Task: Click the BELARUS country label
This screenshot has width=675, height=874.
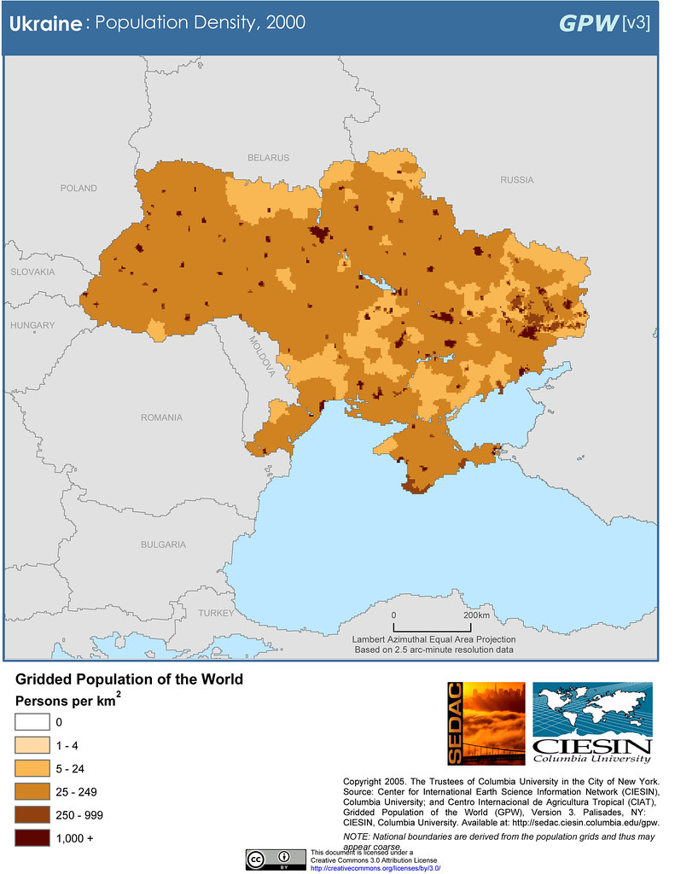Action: click(x=268, y=158)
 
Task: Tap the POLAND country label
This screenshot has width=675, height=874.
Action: click(x=79, y=188)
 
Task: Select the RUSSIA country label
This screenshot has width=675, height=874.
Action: click(x=516, y=180)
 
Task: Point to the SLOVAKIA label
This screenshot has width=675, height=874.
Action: click(x=32, y=271)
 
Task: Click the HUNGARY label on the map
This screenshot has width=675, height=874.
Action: click(x=32, y=325)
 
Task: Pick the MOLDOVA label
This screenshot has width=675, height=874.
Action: click(x=262, y=355)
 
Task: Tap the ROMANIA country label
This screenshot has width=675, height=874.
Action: click(x=162, y=417)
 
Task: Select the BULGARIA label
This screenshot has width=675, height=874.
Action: click(x=163, y=544)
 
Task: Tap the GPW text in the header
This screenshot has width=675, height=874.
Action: click(x=588, y=23)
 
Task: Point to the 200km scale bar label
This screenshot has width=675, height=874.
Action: click(x=476, y=615)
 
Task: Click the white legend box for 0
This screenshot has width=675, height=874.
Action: click(x=32, y=722)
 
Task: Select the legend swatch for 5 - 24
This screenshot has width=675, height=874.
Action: click(x=32, y=768)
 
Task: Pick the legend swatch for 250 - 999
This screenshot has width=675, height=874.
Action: click(x=32, y=814)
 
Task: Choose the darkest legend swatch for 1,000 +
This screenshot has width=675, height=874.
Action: click(x=32, y=838)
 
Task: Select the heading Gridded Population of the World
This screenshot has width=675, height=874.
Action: click(x=129, y=679)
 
